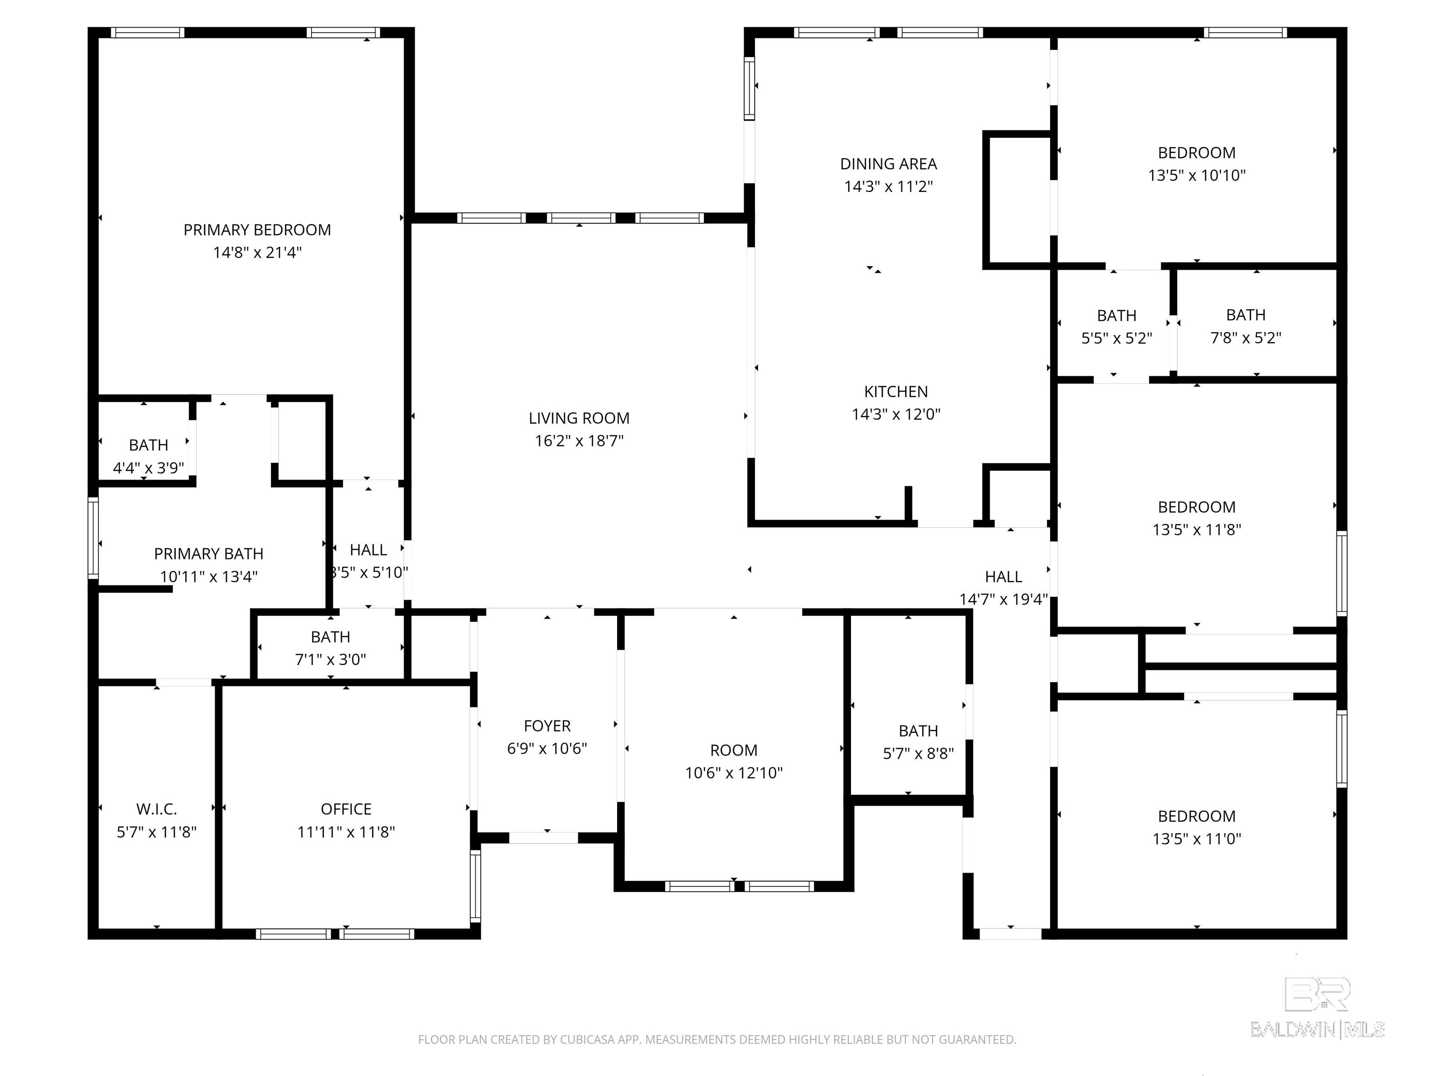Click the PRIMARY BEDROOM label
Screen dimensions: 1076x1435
coord(257,230)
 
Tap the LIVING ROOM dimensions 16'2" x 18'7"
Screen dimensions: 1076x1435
coord(579,441)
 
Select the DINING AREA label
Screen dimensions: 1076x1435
coord(888,164)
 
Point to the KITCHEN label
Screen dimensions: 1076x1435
coord(896,392)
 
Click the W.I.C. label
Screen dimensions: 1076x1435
coord(156,809)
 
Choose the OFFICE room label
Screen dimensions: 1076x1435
coord(346,809)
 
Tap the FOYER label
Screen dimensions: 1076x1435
coord(547,726)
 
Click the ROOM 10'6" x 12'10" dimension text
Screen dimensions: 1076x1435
coord(734,773)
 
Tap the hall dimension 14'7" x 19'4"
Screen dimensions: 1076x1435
coord(1003,599)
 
